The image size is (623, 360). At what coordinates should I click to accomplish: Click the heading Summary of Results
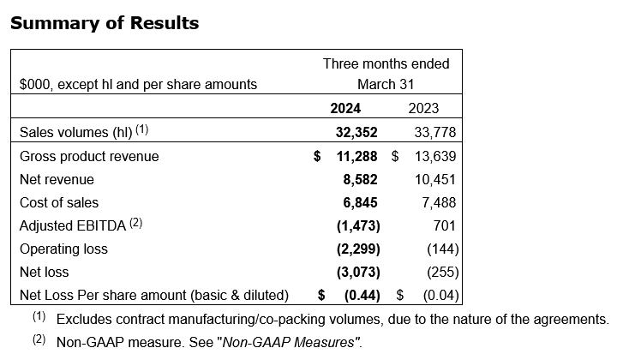coord(105,23)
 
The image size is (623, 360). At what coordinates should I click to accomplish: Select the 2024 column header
coord(345,108)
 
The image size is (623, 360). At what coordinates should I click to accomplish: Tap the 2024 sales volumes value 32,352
coord(355,132)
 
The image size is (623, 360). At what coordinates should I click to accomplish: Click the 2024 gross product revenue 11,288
coord(355,156)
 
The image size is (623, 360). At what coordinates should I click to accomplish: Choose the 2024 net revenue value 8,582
coord(360,179)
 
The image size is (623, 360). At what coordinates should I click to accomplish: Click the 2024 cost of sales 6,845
coord(360,202)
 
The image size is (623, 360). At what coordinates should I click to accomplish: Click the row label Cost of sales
coord(59,202)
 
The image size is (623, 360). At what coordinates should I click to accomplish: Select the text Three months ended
coord(386,63)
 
